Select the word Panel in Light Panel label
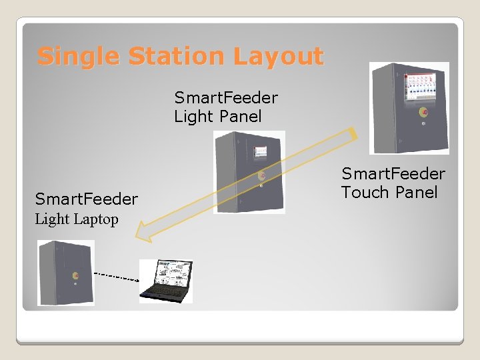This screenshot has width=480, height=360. pos(241,117)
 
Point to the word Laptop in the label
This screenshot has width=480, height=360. pos(96,219)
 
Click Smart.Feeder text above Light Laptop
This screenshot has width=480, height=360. pos(87,199)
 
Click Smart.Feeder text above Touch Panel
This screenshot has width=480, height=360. pos(393,174)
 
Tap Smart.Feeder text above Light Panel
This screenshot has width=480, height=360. pos(226,98)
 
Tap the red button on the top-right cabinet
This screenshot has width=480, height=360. pos(423,112)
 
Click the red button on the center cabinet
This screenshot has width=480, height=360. pos(261,176)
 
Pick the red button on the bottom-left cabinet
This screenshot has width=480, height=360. pos(75,275)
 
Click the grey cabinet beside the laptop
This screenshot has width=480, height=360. pos(65,273)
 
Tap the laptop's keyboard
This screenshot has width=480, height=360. pos(163,292)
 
